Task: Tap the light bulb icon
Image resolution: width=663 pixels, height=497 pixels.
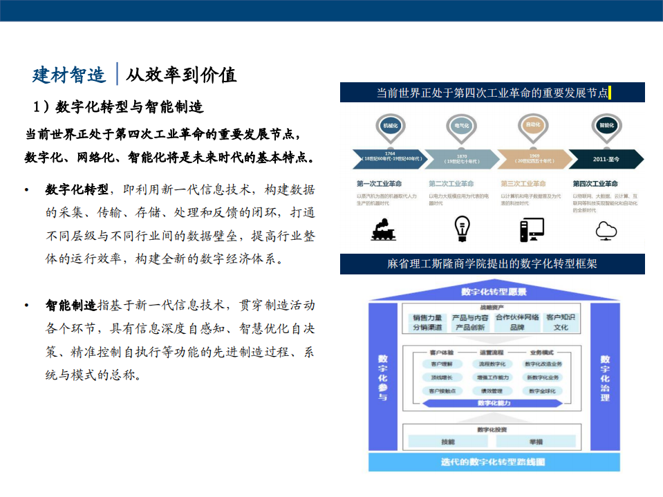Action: (461, 228)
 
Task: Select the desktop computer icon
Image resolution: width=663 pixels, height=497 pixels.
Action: (532, 229)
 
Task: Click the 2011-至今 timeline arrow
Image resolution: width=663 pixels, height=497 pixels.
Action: (606, 160)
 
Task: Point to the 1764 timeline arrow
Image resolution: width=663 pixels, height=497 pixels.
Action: (389, 159)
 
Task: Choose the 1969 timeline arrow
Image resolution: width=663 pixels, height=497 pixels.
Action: (534, 159)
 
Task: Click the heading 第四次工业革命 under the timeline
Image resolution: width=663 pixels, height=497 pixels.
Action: (595, 184)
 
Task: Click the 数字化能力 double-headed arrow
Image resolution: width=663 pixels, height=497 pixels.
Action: (493, 403)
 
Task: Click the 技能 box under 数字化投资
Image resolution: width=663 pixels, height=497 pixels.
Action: (448, 441)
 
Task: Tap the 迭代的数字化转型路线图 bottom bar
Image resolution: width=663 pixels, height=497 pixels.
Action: (493, 462)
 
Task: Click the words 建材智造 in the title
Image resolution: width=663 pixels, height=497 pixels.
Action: (69, 74)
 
